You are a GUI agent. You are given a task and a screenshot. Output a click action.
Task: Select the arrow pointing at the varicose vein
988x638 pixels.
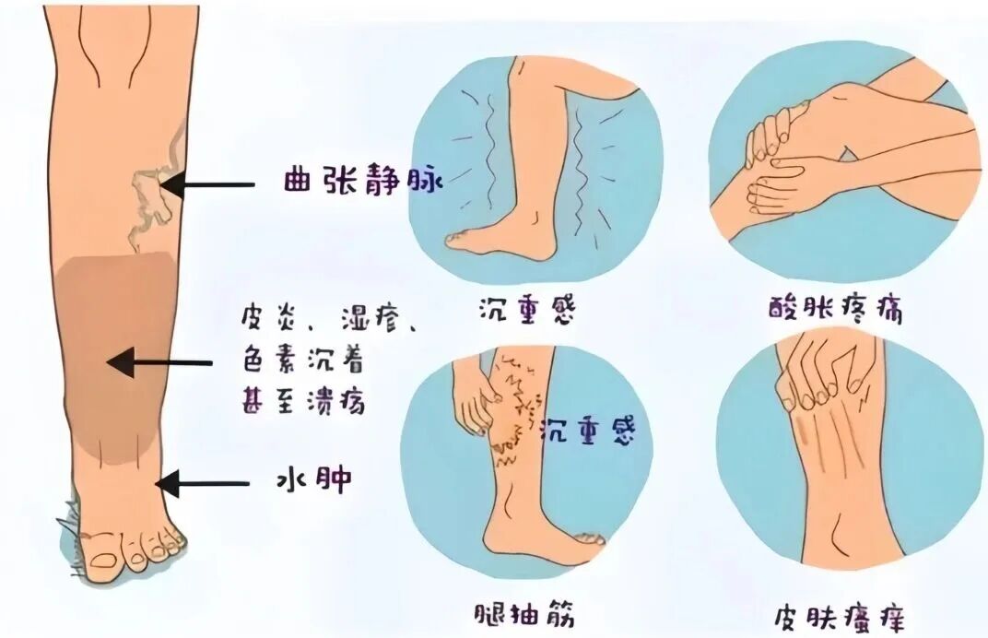[x=206, y=184]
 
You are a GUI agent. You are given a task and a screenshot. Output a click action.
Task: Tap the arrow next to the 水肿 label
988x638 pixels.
[x=202, y=484]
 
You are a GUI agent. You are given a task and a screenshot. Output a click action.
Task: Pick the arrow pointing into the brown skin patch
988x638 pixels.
[x=159, y=362]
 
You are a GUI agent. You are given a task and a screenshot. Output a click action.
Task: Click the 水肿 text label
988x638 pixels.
[x=314, y=482]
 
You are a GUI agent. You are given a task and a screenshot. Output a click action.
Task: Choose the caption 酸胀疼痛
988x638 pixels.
[x=836, y=308]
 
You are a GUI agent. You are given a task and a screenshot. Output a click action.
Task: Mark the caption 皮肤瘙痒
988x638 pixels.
[x=840, y=615]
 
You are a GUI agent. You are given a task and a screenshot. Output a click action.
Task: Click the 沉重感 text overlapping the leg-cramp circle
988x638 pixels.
[x=588, y=431]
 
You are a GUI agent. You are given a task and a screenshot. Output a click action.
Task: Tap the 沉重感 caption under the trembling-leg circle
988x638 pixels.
[x=527, y=309]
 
